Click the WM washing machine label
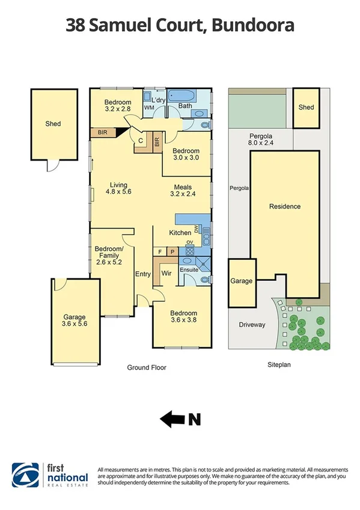click(150, 108)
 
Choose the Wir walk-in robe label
click(166, 274)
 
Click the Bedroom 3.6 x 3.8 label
click(183, 317)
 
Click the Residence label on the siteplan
click(284, 206)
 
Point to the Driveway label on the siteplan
click(252, 325)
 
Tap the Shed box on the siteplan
click(306, 108)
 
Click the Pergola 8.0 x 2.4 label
click(260, 140)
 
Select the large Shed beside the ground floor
click(53, 124)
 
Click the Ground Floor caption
click(146, 367)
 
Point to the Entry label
click(142, 274)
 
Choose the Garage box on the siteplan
click(242, 281)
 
